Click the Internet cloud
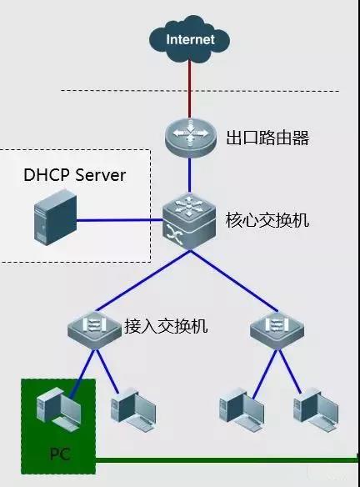pyautogui.click(x=189, y=38)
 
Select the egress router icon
pyautogui.click(x=189, y=137)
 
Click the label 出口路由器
pyautogui.click(x=267, y=138)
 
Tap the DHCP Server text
pyautogui.click(x=75, y=175)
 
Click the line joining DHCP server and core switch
pyautogui.click(x=117, y=222)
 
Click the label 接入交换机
pyautogui.click(x=166, y=326)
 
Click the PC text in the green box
pyautogui.click(x=59, y=455)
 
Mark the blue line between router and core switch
pyautogui.click(x=189, y=176)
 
